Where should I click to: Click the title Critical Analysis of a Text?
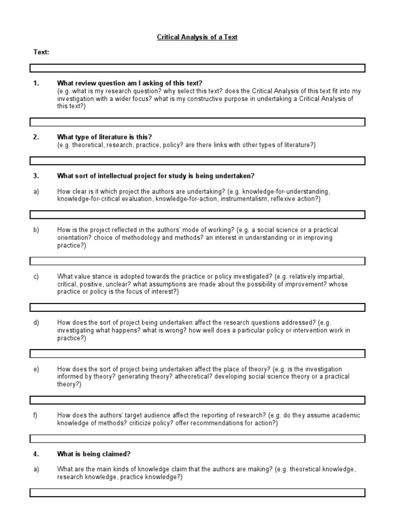click(197, 37)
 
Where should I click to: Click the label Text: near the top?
click(42, 52)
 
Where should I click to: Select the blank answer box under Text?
click(197, 68)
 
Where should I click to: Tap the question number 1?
click(36, 84)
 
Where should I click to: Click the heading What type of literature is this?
click(105, 137)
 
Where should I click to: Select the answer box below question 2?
click(197, 161)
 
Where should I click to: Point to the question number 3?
click(36, 176)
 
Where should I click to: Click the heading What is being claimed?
click(94, 454)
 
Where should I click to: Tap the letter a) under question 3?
click(36, 191)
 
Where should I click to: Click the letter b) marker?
click(36, 230)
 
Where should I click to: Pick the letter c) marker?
click(36, 276)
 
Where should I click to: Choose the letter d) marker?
click(36, 322)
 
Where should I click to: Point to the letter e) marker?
click(36, 369)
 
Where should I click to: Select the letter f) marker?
click(36, 415)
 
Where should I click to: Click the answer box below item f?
click(197, 439)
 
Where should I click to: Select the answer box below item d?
click(197, 354)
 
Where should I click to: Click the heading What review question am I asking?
click(130, 84)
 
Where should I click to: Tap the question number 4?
click(36, 454)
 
